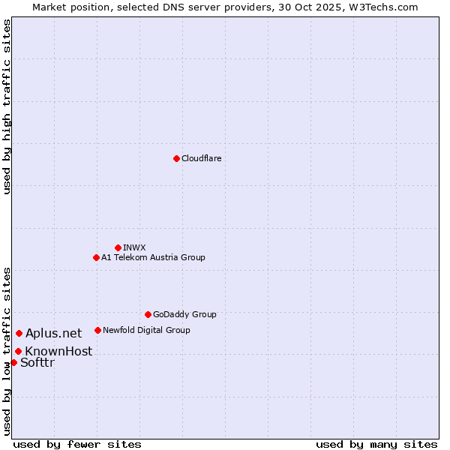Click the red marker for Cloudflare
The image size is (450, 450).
coord(176,158)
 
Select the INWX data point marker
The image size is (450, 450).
coord(118,247)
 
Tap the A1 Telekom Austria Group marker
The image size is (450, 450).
coord(96,257)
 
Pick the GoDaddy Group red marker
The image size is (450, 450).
coord(148,314)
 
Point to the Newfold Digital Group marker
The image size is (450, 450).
coord(97,330)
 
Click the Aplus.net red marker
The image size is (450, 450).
coord(19,333)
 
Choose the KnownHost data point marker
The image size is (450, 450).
coord(18,351)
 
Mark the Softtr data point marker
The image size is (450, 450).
coord(13,362)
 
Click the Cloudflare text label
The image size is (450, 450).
coord(201,158)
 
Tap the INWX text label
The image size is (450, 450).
coord(134,247)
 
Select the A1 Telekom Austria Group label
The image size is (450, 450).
coord(153,257)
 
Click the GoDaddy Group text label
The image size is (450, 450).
coord(184,314)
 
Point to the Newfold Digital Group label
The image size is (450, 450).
coord(146,330)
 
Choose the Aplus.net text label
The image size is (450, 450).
coord(54,333)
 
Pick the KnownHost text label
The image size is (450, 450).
coord(58,351)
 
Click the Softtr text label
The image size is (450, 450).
coord(37,363)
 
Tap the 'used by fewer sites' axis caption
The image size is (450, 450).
coord(77,444)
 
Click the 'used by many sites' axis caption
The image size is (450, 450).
coord(376,444)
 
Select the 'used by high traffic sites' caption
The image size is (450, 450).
coord(7,106)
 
